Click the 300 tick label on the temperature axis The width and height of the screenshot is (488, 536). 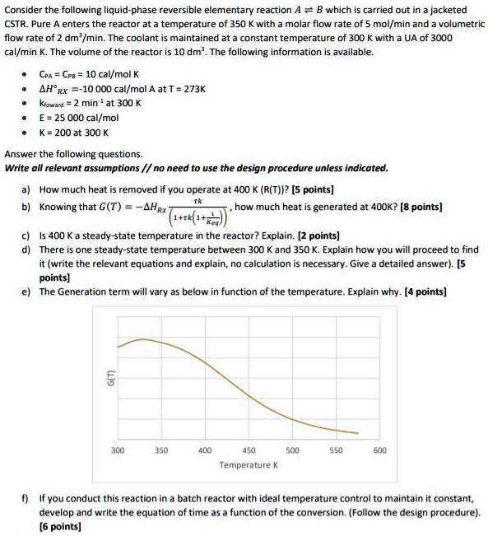(118, 450)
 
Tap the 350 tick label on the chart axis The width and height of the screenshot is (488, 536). (161, 450)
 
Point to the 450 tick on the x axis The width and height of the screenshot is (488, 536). (249, 450)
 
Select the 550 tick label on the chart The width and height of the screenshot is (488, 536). (335, 450)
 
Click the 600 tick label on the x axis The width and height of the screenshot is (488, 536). (379, 450)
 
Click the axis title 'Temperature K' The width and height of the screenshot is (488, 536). (248, 465)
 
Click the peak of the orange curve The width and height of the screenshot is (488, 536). (144, 338)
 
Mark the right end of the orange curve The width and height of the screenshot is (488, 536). (358, 432)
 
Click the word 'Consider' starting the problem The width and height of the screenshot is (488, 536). (24, 9)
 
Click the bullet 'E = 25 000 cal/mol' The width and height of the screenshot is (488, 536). (80, 117)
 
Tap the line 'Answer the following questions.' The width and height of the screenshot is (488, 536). (74, 154)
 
